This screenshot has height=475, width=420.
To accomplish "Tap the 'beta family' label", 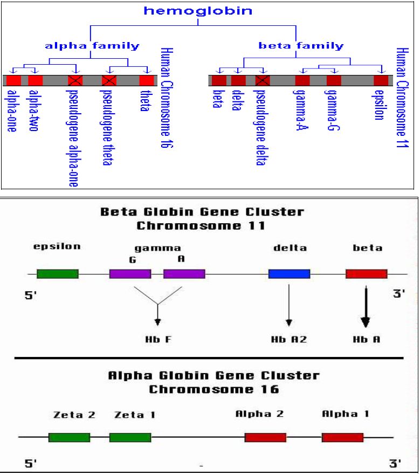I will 301,45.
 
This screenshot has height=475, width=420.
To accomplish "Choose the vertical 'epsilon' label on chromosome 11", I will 379,105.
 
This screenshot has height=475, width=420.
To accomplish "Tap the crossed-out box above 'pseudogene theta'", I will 109,81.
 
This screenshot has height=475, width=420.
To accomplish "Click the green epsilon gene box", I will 57,273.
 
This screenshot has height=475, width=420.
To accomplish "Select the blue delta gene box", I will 289,273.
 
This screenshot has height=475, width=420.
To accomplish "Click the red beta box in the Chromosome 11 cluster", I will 366,273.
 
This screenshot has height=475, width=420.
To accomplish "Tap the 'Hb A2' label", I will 289,340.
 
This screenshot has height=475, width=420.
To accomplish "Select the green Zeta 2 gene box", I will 69,437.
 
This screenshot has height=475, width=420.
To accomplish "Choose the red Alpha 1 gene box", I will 342,437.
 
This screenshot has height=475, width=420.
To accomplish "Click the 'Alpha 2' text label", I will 260,414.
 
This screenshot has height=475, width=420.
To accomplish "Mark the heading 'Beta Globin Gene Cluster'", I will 202,212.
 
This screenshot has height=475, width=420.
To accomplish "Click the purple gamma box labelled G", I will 130,273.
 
